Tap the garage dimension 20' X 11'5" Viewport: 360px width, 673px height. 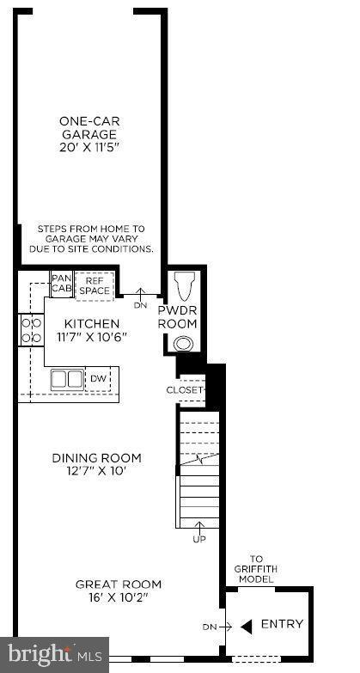click(x=88, y=147)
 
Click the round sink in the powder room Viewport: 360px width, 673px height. click(x=182, y=344)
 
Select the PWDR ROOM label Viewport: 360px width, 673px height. click(x=178, y=317)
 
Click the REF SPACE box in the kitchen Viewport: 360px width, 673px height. click(x=95, y=285)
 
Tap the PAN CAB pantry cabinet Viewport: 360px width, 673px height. click(x=61, y=284)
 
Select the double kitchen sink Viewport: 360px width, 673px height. click(x=66, y=379)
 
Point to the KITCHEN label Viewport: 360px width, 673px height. click(x=93, y=323)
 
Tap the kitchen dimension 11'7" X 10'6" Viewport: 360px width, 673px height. click(x=93, y=336)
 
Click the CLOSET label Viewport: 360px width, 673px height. click(x=186, y=389)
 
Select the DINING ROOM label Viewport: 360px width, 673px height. click(x=95, y=458)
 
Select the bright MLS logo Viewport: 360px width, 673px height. click(x=53, y=655)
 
